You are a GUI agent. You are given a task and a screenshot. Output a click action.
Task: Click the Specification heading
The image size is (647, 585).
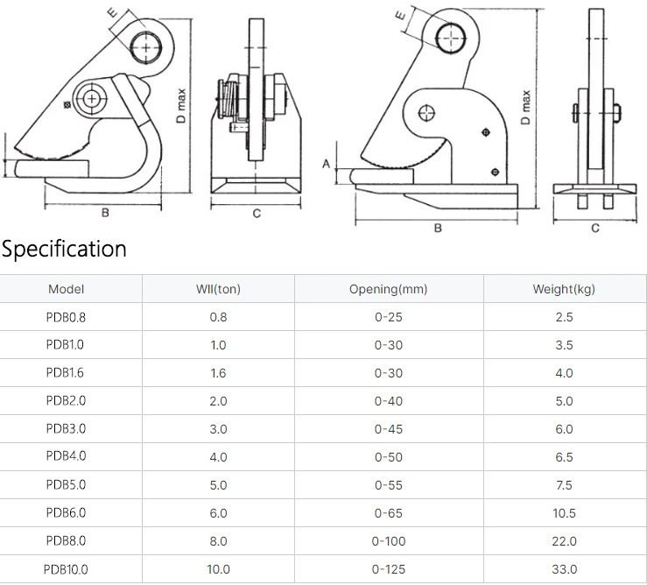pyautogui.click(x=64, y=250)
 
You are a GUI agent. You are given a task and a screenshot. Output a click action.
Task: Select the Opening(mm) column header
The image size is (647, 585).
pyautogui.click(x=388, y=289)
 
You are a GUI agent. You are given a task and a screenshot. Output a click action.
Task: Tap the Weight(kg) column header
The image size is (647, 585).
pyautogui.click(x=564, y=289)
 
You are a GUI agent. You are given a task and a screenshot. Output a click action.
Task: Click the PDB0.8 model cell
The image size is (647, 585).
pyautogui.click(x=66, y=317)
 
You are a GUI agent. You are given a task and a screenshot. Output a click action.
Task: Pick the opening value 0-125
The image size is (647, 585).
pyautogui.click(x=388, y=569)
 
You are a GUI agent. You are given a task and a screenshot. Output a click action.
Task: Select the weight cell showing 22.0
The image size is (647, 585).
pyautogui.click(x=564, y=541)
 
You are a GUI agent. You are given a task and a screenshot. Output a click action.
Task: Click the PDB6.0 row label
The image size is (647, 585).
pyautogui.click(x=66, y=513)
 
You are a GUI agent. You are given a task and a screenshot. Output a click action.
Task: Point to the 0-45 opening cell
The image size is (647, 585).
pyautogui.click(x=388, y=429)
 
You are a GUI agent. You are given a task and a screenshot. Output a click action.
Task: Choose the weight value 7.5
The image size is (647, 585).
pyautogui.click(x=564, y=485)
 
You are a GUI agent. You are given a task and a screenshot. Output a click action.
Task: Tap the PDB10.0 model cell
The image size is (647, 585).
pyautogui.click(x=66, y=569)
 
